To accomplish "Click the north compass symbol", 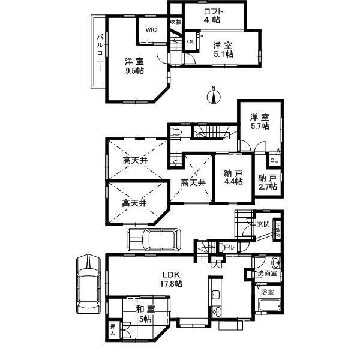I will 212,95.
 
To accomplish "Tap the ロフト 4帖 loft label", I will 214,14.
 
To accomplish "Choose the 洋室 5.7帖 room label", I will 260,122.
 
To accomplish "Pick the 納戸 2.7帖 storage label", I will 268,182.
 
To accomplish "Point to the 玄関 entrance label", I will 263,224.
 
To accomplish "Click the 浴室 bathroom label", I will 267,292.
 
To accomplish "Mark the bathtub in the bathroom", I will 267,305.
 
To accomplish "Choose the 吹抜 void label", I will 175,22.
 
